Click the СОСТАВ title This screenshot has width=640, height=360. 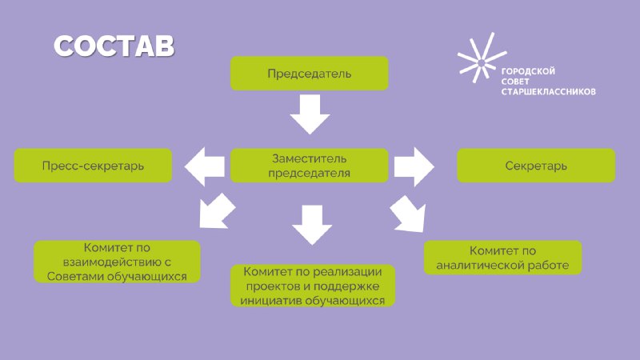(114, 46)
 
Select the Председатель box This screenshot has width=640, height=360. (310, 74)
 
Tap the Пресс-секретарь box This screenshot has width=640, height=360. (93, 166)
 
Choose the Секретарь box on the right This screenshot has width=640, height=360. (536, 166)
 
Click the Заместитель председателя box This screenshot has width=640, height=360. (310, 166)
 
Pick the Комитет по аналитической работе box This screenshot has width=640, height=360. (503, 258)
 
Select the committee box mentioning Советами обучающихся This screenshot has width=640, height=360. (117, 262)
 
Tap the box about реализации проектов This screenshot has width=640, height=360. (313, 286)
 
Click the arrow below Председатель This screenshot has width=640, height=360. (310, 114)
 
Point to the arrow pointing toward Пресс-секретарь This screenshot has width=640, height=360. (205, 166)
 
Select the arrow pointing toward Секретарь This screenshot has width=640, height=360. (414, 166)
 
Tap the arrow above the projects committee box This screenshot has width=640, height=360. (312, 225)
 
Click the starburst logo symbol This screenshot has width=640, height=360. (482, 58)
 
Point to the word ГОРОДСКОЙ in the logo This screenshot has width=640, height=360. (528, 71)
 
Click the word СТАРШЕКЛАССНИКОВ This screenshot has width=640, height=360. (548, 92)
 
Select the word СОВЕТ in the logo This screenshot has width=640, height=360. (515, 82)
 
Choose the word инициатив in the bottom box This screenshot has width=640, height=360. (270, 301)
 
